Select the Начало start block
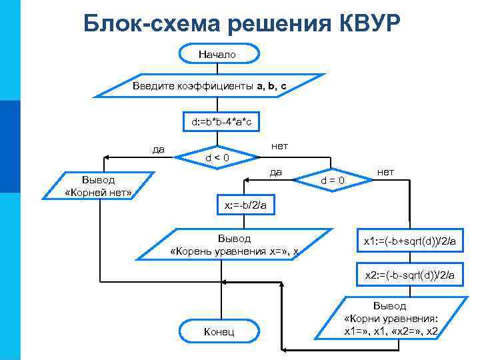tap(217, 54)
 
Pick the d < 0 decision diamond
tap(217, 157)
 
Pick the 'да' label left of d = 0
tap(275, 172)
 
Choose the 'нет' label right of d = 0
tap(385, 172)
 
